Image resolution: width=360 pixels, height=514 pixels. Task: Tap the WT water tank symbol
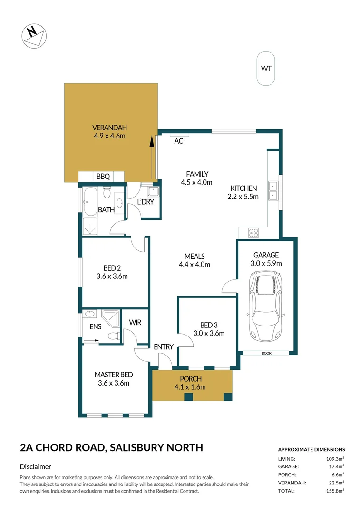point(266,69)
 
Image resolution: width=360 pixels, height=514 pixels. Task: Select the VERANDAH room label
point(110,128)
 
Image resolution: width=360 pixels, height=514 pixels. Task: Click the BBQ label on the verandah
point(103,177)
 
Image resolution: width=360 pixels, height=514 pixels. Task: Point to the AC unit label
point(179,141)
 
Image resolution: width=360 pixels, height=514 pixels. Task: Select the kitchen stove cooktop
point(253,233)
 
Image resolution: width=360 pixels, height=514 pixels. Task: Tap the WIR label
point(135,323)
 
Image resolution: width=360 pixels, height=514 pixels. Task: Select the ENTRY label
point(164,347)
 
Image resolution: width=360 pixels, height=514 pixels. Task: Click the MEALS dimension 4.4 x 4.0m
point(194,265)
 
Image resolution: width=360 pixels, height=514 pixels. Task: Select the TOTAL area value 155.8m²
point(334,490)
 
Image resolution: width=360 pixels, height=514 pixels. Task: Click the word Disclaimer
point(35,467)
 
